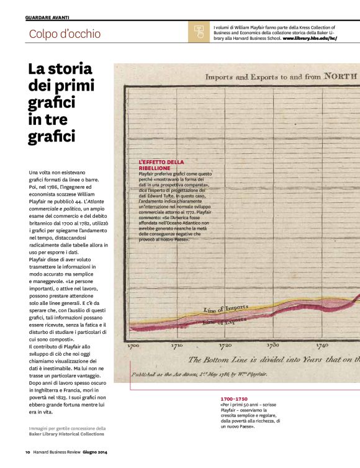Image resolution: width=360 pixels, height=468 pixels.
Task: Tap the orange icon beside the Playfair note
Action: click(199, 32)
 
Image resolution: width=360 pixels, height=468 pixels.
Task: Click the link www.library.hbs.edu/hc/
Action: click(310, 38)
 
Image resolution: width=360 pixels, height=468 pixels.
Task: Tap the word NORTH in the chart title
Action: click(337, 76)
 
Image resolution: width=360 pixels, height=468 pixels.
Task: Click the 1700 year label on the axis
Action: click(133, 346)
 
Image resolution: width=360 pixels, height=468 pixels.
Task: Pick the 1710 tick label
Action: click(177, 346)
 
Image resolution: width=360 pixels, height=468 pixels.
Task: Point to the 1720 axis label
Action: click(225, 346)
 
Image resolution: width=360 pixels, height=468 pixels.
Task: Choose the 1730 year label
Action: click(273, 346)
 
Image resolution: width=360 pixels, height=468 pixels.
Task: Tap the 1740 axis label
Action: click(322, 346)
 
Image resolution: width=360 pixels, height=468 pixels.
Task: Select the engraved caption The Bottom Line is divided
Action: click(273, 360)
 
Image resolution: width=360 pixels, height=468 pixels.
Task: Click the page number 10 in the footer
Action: click(27, 452)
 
